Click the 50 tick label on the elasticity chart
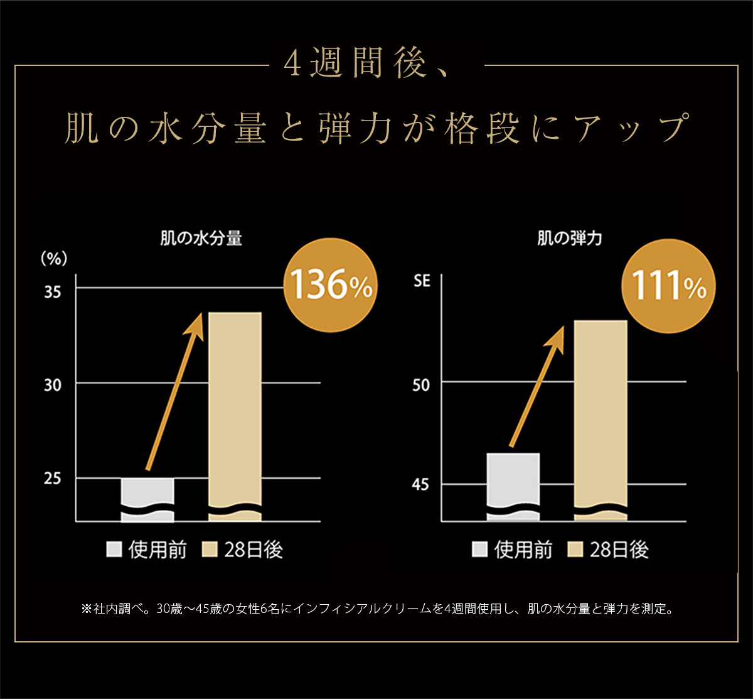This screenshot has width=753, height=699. pos(422,384)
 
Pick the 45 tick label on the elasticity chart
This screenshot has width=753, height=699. pos(422,485)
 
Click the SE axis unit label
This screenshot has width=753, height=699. pos(422,281)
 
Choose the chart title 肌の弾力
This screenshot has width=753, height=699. pos(570,239)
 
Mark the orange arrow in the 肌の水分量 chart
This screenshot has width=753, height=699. pos(176,389)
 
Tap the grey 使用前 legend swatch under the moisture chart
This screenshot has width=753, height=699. pos(114,550)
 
